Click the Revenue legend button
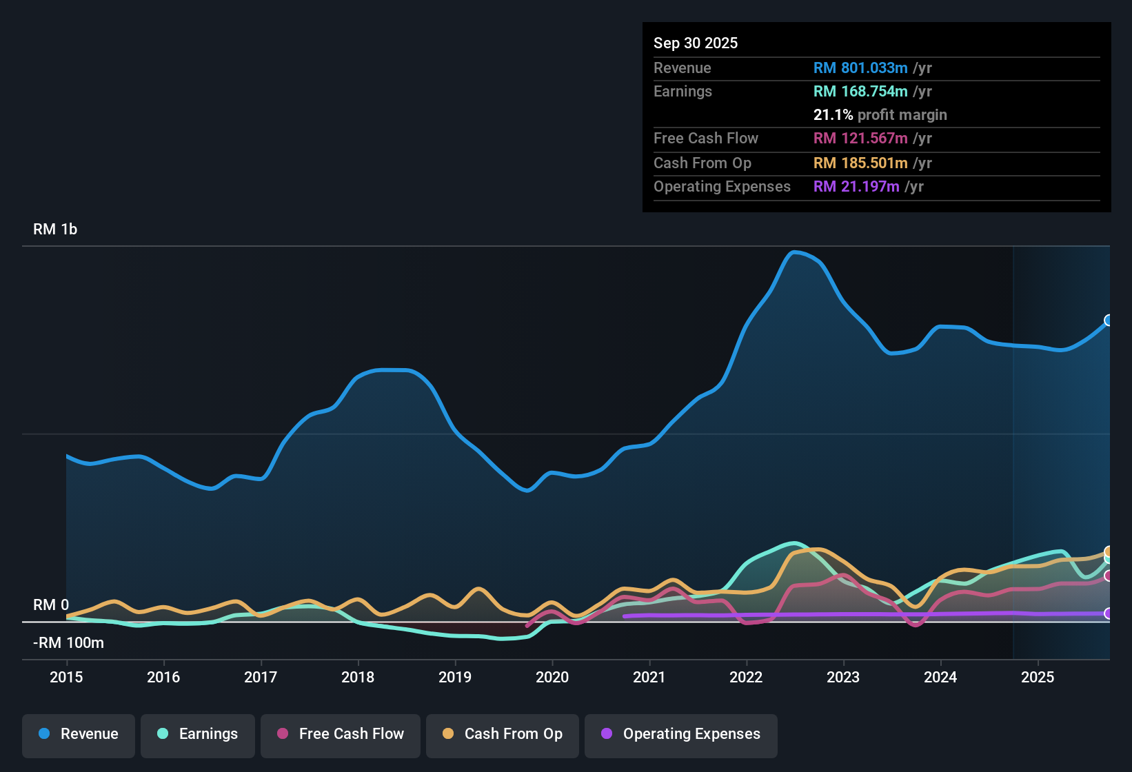click(x=79, y=734)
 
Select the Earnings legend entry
click(x=198, y=734)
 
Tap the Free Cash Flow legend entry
click(x=341, y=734)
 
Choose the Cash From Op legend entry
click(x=503, y=734)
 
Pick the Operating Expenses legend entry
click(x=681, y=734)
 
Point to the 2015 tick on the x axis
click(x=66, y=677)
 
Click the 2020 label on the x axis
click(x=552, y=677)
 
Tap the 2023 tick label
click(x=843, y=677)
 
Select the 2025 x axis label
click(x=1038, y=677)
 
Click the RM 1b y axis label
click(x=55, y=230)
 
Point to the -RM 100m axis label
click(x=68, y=643)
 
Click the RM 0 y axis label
click(x=51, y=605)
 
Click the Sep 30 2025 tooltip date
click(x=695, y=43)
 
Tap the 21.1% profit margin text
click(x=880, y=114)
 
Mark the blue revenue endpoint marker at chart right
click(x=1109, y=320)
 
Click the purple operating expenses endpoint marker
click(x=1109, y=613)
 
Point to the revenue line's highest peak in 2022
click(x=795, y=252)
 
